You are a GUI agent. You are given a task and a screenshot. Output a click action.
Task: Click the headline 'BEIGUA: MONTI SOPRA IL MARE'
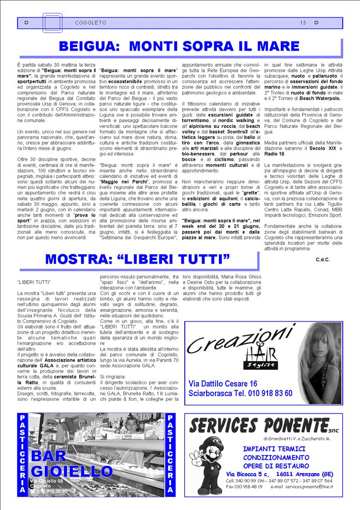179,46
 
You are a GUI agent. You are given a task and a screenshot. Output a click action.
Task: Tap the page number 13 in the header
303,22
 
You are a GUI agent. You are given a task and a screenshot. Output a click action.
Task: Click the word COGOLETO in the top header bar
91,22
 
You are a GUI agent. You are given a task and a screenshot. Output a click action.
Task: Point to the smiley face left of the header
26,22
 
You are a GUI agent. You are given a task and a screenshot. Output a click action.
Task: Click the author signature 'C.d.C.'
322,259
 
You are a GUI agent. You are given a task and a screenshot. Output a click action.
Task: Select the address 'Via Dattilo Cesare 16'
223,383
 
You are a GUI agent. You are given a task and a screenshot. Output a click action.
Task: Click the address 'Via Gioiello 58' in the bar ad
46,481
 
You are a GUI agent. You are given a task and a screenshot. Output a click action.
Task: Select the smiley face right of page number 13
316,22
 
